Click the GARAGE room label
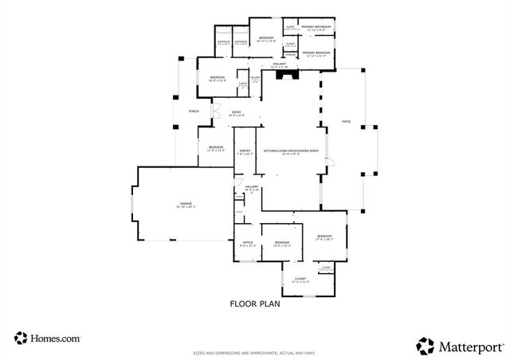175,204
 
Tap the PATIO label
347,122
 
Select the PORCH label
194,112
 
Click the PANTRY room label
245,150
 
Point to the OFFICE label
248,242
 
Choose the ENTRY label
237,112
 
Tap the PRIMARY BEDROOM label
316,53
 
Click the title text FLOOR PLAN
255,303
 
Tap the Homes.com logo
47,338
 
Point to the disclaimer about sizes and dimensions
255,352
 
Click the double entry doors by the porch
214,112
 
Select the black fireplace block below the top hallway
294,74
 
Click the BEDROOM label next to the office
283,242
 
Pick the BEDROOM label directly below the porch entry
217,147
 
